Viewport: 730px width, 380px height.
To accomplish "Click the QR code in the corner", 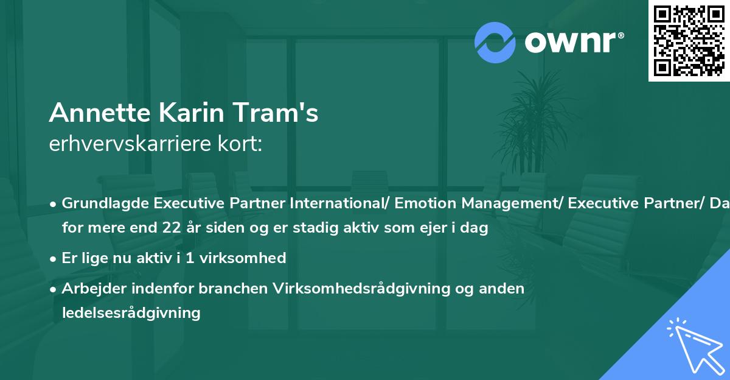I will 689,41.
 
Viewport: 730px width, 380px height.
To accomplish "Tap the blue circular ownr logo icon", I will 495,42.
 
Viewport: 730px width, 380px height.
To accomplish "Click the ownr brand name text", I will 574,41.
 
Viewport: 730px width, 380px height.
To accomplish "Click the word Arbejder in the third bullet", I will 91,288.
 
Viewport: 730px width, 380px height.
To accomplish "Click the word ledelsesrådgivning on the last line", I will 131,313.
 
